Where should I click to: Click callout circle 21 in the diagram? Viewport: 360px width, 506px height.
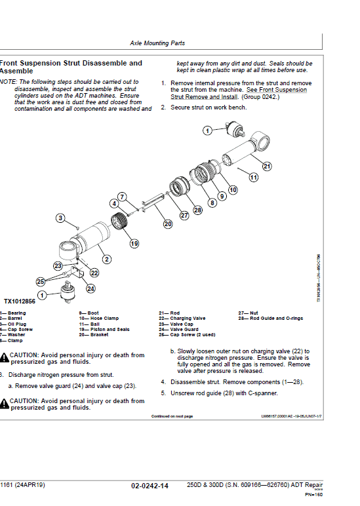267,166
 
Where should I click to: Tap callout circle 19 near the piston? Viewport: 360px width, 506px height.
134,243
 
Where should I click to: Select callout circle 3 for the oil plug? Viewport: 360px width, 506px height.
60,218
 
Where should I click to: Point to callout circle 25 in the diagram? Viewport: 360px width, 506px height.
41,281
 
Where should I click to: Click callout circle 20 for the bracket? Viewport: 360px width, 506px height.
168,224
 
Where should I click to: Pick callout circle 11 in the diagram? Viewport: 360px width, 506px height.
253,177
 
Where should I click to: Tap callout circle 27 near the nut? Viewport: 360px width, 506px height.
184,214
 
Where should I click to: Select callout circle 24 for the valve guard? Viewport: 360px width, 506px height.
90,288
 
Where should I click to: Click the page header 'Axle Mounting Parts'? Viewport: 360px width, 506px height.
157,43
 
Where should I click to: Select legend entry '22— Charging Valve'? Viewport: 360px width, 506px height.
182,319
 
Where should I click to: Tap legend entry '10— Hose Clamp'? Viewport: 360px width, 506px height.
99,319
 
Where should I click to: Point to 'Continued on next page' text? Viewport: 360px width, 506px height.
172,416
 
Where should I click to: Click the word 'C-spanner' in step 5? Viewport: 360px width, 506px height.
262,393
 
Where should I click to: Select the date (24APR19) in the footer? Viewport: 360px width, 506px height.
31,486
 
